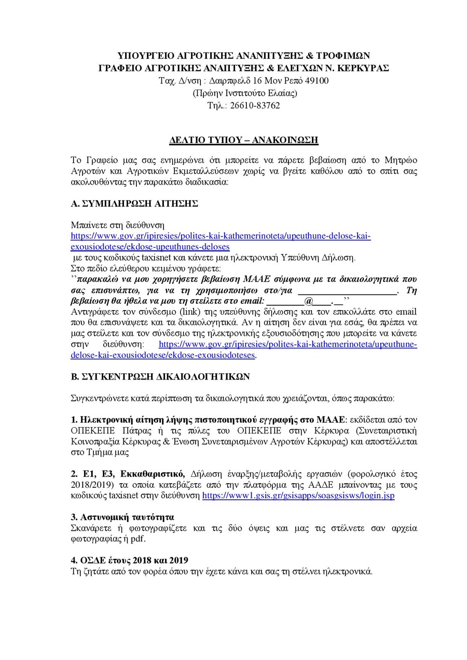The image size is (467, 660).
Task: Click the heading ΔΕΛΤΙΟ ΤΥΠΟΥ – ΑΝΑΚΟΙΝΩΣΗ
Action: tap(244, 140)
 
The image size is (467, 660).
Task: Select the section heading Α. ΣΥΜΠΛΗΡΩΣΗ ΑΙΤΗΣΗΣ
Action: tap(134, 204)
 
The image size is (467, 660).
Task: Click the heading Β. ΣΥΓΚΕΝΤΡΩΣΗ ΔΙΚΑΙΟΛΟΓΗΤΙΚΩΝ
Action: tap(160, 377)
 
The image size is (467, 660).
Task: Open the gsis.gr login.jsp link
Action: tap(298, 496)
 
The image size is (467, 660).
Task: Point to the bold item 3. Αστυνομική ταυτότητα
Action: tap(122, 517)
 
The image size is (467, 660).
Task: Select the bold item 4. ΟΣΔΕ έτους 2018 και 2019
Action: tap(129, 560)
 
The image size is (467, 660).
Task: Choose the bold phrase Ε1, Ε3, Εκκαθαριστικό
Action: tap(128, 474)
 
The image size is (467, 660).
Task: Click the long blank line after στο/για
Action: tap(347, 291)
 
